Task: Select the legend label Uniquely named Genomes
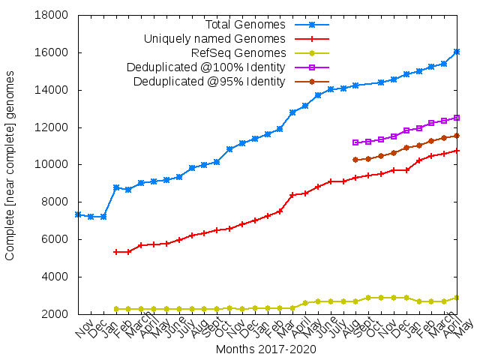click(x=214, y=38)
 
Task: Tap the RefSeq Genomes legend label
click(x=238, y=52)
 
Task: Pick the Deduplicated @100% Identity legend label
click(x=206, y=67)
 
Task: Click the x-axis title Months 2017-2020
click(x=265, y=349)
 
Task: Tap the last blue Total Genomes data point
click(x=457, y=52)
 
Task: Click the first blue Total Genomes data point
click(x=78, y=214)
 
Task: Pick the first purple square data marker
click(x=355, y=142)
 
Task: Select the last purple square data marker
click(x=457, y=118)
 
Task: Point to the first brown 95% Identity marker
click(x=355, y=160)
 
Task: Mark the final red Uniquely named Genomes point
click(x=457, y=151)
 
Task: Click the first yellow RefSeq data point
click(x=116, y=309)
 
